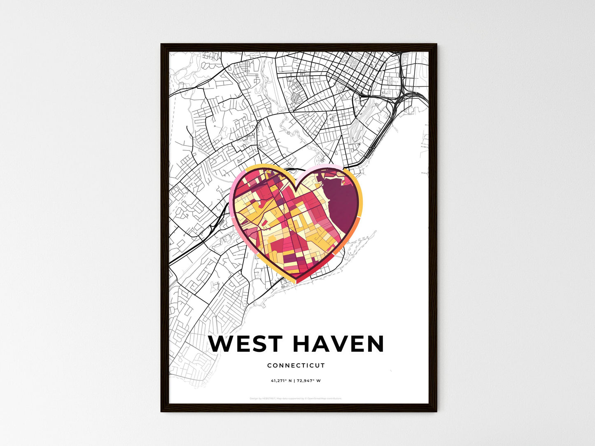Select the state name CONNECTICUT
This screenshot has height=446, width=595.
[296, 365]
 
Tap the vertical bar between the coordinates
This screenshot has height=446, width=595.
[294, 381]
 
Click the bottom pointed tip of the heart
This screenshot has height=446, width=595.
[296, 282]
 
